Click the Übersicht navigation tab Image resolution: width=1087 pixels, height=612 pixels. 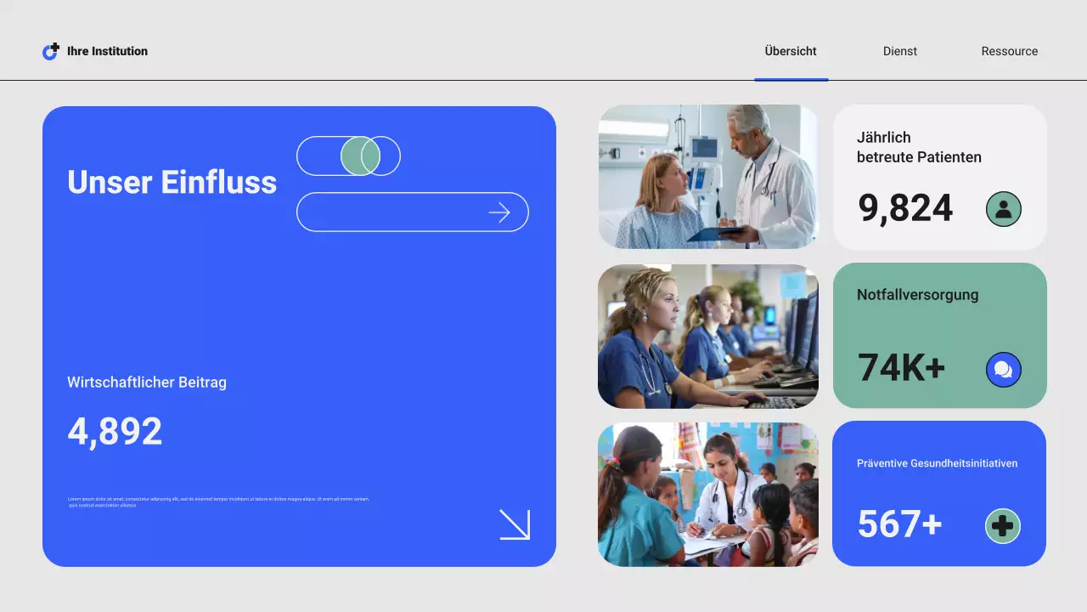(790, 51)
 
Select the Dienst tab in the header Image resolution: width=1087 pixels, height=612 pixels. (899, 51)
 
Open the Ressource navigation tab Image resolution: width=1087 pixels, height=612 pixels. (1009, 51)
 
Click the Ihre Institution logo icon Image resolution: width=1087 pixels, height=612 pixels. (51, 52)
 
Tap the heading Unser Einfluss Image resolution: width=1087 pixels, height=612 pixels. (172, 182)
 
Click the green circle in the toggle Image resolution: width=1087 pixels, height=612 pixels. (360, 156)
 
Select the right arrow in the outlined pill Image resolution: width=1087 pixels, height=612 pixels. (499, 212)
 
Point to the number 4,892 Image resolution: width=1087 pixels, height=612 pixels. (115, 432)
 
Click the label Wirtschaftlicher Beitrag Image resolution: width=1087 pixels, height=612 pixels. (147, 382)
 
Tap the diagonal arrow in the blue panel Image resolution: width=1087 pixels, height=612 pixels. (515, 524)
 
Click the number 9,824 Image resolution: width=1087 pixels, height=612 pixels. (905, 208)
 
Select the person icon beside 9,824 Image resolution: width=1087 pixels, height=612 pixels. (1003, 209)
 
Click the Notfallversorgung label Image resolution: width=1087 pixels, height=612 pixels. (917, 295)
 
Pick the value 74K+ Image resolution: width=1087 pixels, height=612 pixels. (901, 368)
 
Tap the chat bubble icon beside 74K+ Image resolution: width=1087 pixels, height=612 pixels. (1003, 370)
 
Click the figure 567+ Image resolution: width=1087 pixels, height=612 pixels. (899, 524)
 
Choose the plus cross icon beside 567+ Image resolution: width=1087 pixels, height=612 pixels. (1002, 526)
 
